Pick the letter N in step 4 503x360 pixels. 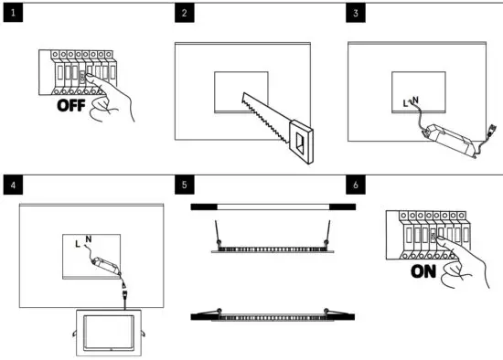click(89, 240)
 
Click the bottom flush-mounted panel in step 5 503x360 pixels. click(273, 316)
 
